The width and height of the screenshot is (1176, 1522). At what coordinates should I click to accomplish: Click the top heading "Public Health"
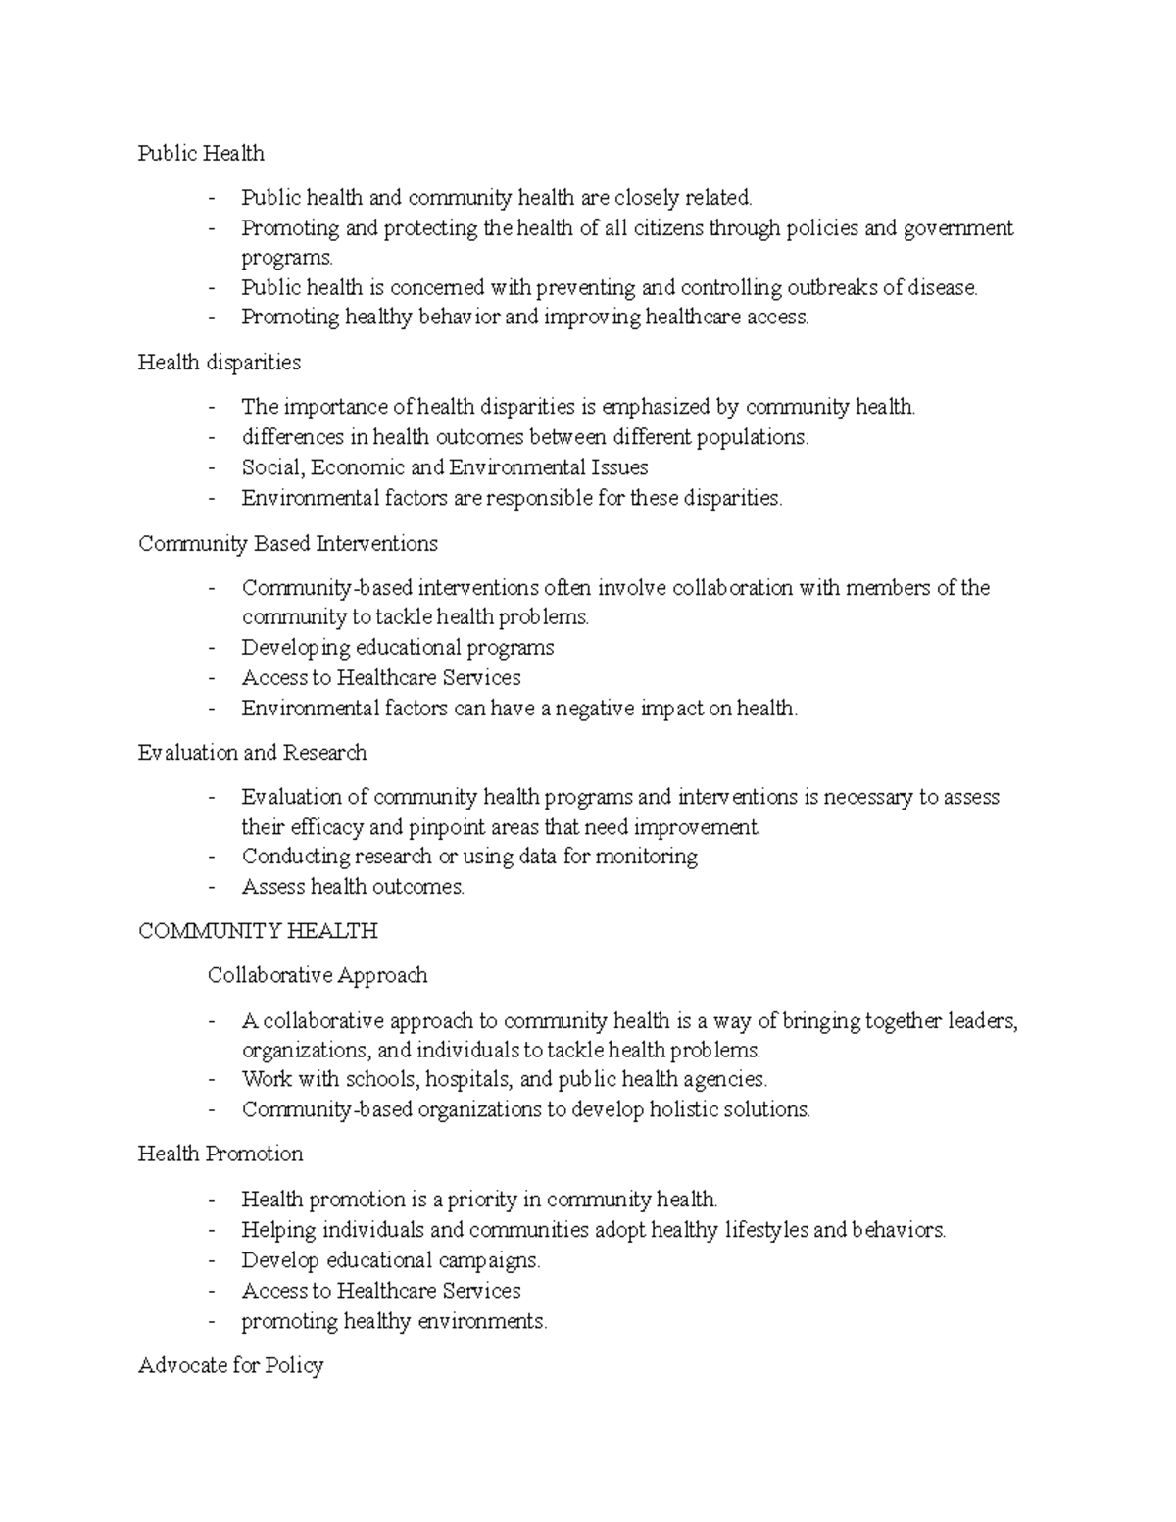pos(201,153)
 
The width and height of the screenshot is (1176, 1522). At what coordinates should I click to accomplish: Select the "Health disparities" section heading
pos(220,363)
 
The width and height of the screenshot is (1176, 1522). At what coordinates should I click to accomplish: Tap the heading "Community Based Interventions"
pos(288,544)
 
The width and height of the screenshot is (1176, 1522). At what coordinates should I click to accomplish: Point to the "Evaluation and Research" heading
pos(253,753)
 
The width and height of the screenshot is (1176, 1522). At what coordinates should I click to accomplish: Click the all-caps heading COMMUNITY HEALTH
pos(258,931)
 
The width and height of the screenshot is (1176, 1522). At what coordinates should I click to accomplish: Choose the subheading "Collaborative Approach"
pos(318,976)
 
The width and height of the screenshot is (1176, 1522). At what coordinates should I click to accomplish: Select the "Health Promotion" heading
pos(220,1154)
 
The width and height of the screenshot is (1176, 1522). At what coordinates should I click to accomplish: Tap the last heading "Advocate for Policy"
pos(230,1366)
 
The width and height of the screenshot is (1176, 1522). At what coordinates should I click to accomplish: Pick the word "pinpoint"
pos(420,827)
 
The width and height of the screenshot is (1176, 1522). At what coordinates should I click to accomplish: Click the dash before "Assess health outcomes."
pos(212,887)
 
